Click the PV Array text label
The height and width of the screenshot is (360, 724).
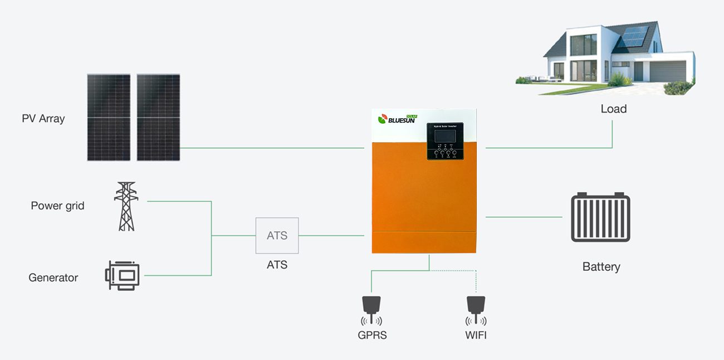tap(43, 119)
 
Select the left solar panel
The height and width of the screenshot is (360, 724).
tap(109, 118)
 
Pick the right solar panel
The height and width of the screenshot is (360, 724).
tap(158, 118)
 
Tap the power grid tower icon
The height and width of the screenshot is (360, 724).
tap(126, 206)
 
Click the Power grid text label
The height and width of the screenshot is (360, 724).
tap(57, 206)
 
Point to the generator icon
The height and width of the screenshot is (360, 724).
tap(123, 275)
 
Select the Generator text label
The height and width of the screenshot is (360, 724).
tap(53, 278)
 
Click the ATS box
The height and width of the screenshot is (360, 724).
tap(277, 236)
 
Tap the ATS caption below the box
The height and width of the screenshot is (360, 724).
tap(277, 265)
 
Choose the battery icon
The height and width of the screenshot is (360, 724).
tap(600, 217)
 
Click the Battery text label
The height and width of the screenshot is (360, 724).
tap(601, 267)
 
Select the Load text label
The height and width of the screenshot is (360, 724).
tap(613, 109)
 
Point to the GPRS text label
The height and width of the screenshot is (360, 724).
tap(372, 335)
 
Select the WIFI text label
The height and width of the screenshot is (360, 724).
tap(476, 335)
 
